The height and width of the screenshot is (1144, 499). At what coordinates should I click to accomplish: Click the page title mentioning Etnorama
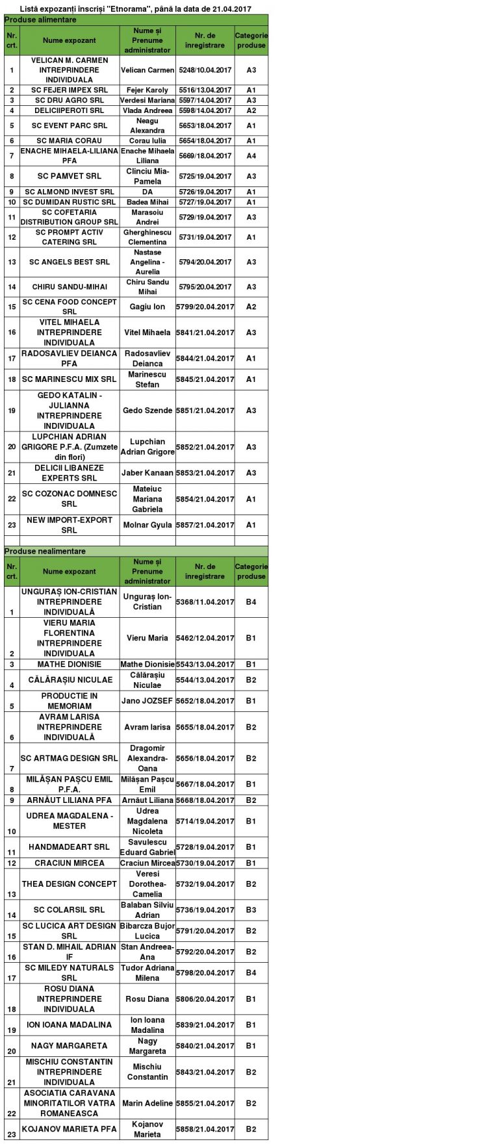pos(136,9)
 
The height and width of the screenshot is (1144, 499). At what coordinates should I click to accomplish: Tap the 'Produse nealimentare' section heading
pos(45,551)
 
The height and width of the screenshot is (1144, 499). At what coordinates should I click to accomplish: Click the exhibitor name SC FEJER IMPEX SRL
pos(70,90)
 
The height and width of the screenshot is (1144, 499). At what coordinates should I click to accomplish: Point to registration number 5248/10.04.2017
pos(205,70)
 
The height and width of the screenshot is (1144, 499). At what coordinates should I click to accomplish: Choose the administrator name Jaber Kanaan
pos(147,473)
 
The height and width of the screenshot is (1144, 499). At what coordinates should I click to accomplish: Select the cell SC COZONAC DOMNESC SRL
pos(70,499)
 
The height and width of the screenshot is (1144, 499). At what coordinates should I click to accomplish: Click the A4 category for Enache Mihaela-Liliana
pos(251,156)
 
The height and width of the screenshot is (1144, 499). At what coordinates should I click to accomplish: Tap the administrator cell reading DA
pos(147,192)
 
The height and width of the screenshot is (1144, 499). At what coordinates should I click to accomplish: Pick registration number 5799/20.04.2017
pos(205,307)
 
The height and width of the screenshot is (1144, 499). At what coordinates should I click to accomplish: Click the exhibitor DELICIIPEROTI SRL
pos(70,110)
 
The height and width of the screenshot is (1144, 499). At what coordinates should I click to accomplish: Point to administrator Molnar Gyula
pos(147,525)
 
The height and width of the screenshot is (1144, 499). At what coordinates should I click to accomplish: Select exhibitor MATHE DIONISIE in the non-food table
pos(70,665)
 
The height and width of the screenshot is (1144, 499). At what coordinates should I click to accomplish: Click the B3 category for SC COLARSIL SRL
pos(251,910)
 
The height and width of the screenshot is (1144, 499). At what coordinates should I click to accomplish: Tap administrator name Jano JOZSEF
pos(147,701)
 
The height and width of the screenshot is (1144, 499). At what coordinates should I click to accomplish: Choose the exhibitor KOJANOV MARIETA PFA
pos(70,1129)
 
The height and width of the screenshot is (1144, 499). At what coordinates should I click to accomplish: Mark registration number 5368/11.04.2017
pos(205,602)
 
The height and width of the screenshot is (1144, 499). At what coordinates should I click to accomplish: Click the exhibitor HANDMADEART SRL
pos(70,847)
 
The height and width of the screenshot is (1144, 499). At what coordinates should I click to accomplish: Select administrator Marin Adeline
pos(147,1103)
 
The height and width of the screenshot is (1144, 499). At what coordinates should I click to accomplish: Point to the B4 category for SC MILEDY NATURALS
pos(251,973)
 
